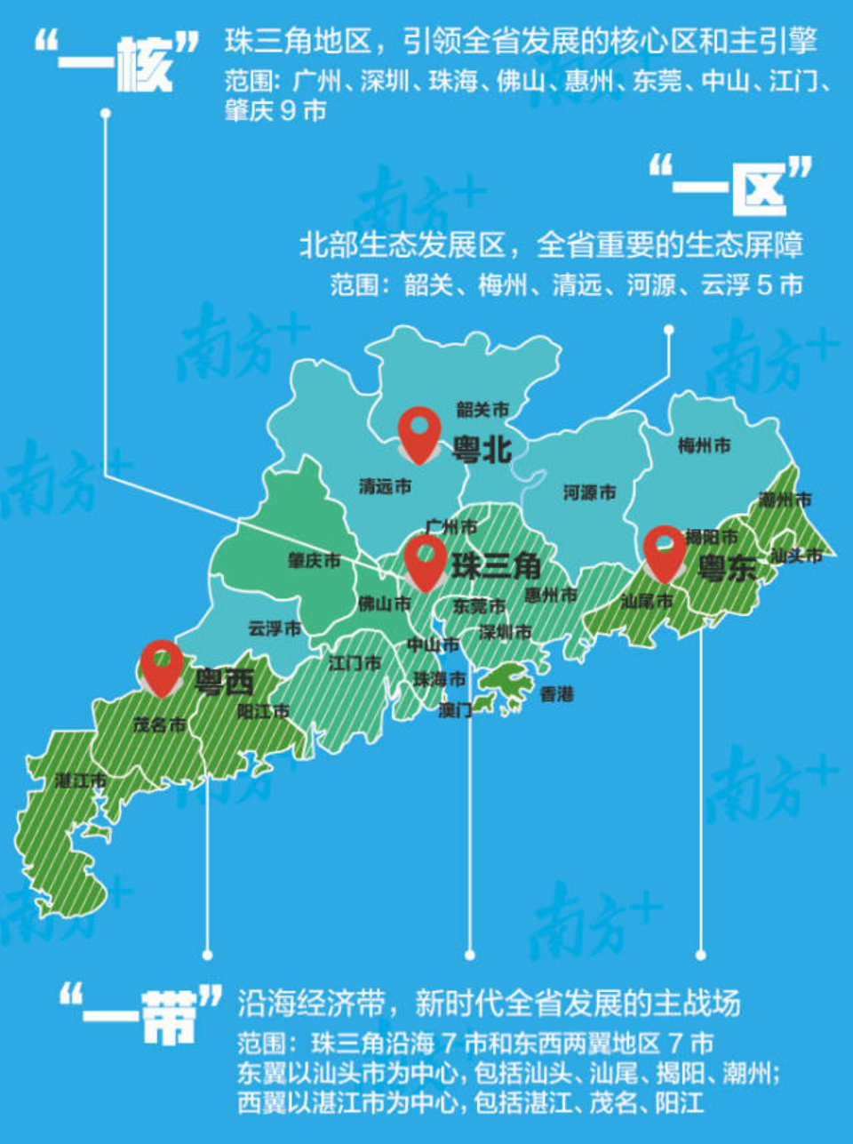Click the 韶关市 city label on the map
pos(482,410)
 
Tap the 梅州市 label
pos(704,445)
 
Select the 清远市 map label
pos(385,486)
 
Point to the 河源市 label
pos(589,492)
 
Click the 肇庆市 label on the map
pos(314,561)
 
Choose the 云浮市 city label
pos(274,628)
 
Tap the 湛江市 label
pos(81,780)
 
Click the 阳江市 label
pos(263,711)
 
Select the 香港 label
pos(557,694)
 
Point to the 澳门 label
pos(455,710)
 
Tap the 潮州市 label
pos(785,500)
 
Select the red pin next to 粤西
pos(162,665)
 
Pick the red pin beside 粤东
pos(665,551)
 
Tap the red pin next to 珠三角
pos(426,560)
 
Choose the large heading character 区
pos(759,188)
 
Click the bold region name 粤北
pos(482,450)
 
